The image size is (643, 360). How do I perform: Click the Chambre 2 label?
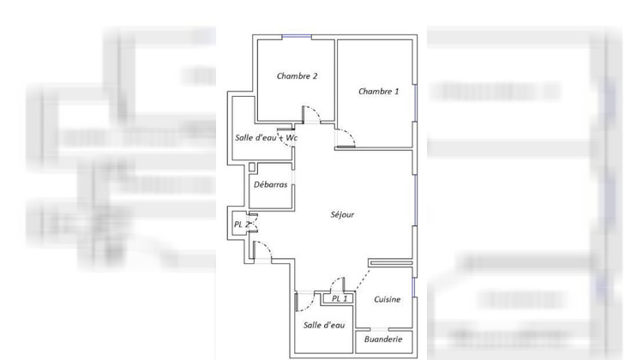click(x=297, y=76)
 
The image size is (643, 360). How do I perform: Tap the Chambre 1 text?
click(x=378, y=92)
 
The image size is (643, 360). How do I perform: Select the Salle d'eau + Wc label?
click(x=267, y=138)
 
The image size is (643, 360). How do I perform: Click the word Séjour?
click(x=342, y=215)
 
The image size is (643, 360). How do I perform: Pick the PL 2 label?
click(x=242, y=225)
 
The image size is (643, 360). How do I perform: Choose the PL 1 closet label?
click(x=340, y=298)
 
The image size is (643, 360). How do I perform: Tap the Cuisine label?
click(x=388, y=299)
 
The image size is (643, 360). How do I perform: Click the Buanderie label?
click(x=383, y=340)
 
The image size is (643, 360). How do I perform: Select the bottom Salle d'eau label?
click(x=324, y=325)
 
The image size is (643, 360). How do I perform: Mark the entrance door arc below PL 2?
click(x=265, y=250)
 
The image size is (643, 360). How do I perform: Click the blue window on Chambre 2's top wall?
click(x=297, y=36)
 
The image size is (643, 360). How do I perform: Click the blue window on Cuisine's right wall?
click(x=414, y=287)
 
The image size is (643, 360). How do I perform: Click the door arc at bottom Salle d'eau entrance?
click(x=306, y=299)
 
